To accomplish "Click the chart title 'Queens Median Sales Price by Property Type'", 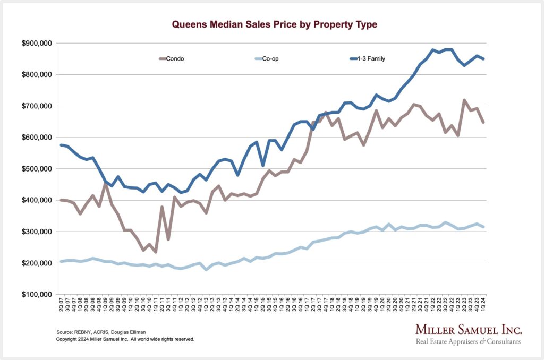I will (275, 24).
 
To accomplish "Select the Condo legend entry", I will (175, 59).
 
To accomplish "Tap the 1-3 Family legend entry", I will (371, 59).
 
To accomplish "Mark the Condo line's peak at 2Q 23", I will (464, 100).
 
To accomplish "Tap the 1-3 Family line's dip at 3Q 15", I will (263, 165).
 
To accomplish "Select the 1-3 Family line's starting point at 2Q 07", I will (62, 145).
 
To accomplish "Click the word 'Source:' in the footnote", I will (65, 331).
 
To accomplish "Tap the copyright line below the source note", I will (125, 339).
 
